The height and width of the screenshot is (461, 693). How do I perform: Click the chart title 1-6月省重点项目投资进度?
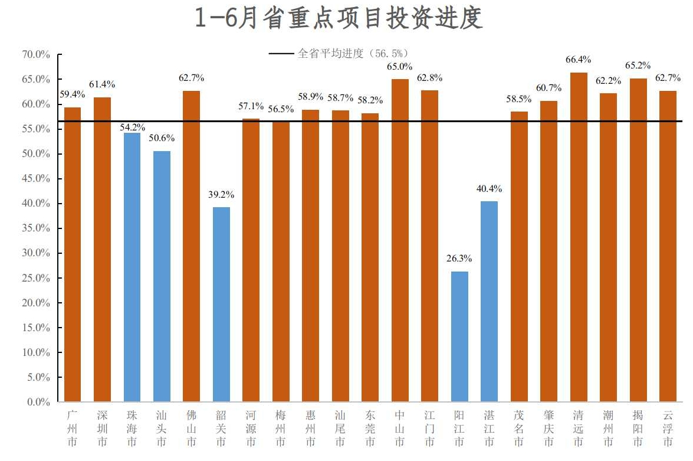pyautogui.click(x=339, y=18)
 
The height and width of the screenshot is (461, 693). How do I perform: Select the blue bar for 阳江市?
pyautogui.click(x=459, y=336)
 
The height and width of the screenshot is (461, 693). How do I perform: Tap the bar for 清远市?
pyautogui.click(x=579, y=236)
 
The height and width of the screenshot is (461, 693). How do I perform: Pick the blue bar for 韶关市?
pyautogui.click(x=221, y=304)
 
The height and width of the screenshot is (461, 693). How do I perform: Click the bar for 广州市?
pyautogui.click(x=73, y=254)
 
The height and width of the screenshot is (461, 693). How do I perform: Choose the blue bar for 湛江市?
pyautogui.click(x=489, y=301)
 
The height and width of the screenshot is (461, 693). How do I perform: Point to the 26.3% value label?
pyautogui.click(x=459, y=259)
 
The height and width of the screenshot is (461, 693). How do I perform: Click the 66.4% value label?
pyautogui.click(x=579, y=60)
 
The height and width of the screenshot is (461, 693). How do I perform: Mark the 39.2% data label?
pyautogui.click(x=221, y=194)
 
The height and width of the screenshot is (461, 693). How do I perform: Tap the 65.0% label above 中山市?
pyautogui.click(x=400, y=67)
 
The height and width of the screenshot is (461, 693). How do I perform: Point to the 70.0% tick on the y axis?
pyautogui.click(x=36, y=55)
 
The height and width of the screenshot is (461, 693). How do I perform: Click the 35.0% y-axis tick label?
pyautogui.click(x=36, y=228)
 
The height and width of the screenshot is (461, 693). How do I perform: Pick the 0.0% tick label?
pyautogui.click(x=38, y=402)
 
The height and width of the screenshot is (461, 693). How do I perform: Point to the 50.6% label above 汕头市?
pyautogui.click(x=162, y=138)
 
